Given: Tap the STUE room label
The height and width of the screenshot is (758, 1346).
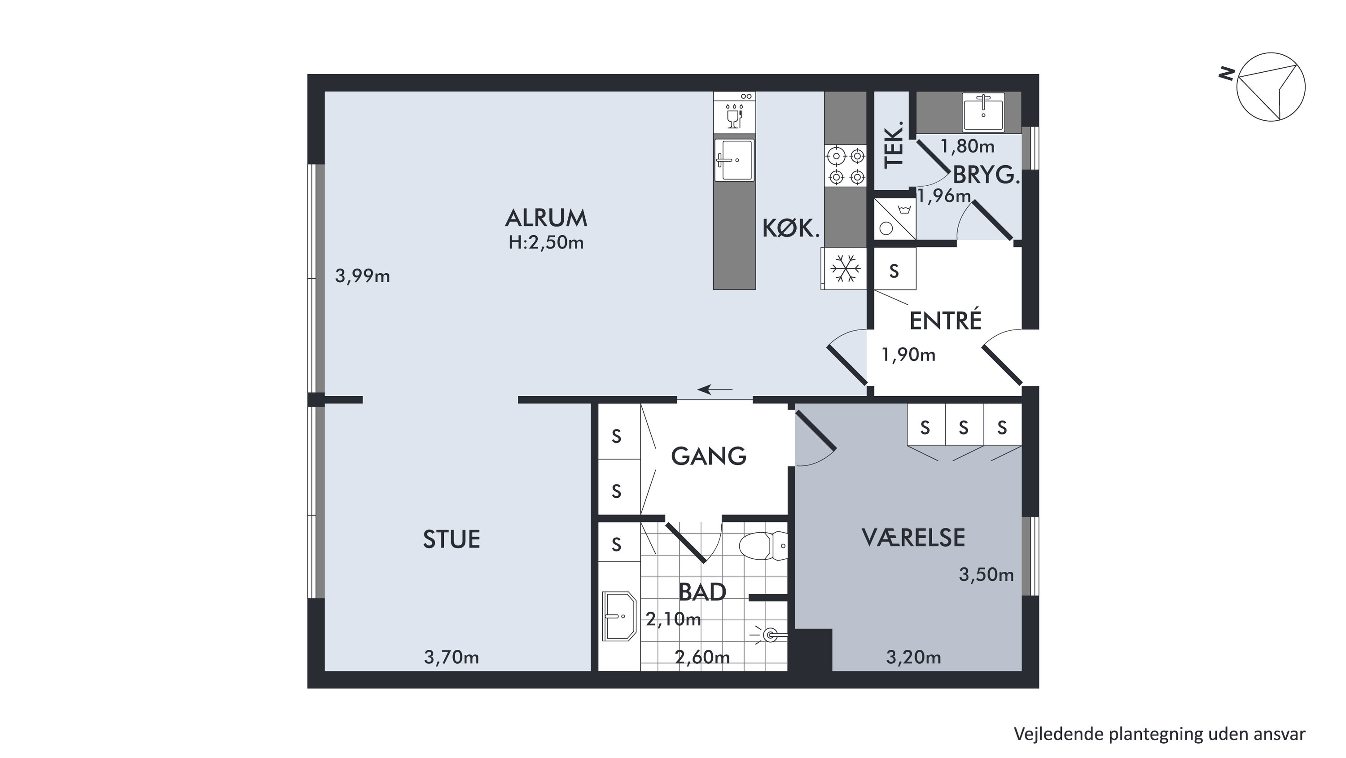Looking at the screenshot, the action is [x=452, y=539].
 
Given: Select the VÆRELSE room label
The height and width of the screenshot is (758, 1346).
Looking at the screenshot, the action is [x=913, y=538].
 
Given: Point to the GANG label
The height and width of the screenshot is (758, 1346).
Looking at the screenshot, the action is [x=709, y=456].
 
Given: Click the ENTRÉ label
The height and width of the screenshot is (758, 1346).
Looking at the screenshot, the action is [x=945, y=320].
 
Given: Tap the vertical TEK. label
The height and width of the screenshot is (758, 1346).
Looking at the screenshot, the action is [x=894, y=145].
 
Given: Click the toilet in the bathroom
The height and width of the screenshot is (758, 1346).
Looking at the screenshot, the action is [x=763, y=546].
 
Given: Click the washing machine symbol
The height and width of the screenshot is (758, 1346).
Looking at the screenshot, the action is [x=894, y=219].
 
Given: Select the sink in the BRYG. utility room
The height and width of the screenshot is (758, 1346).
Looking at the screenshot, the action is [x=983, y=112].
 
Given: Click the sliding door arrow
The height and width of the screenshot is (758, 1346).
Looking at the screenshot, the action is [x=715, y=389].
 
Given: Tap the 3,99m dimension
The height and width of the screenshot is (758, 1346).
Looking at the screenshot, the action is [x=362, y=276].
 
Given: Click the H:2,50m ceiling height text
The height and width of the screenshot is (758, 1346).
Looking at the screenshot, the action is [x=546, y=243].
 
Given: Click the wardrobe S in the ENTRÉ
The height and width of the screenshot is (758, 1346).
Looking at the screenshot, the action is [x=894, y=271].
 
